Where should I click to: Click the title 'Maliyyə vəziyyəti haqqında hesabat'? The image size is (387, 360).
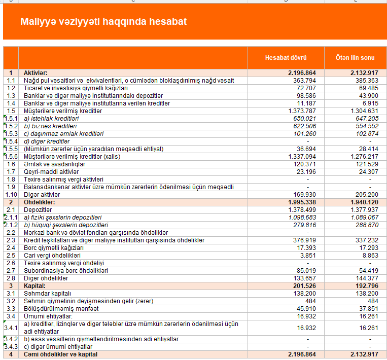tap(103, 22)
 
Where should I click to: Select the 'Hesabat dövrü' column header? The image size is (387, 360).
tap(286, 58)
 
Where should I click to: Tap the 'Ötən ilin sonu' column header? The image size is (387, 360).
tap(355, 58)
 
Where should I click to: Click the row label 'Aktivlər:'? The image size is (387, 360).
tap(37, 74)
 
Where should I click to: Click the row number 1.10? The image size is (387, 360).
tap(11, 195)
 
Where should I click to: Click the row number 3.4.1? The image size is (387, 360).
tap(11, 327)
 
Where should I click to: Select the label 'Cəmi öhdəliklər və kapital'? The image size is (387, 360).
tap(60, 354)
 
